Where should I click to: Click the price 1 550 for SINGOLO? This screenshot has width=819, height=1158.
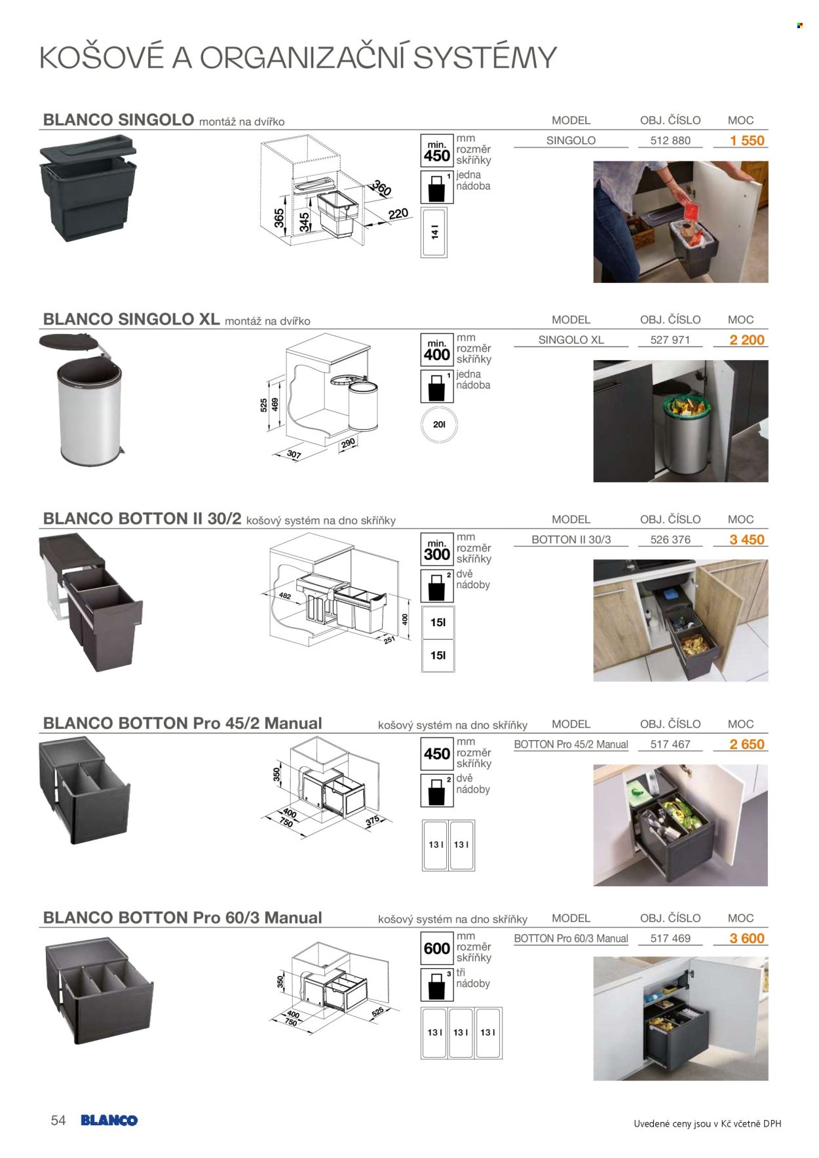tap(747, 140)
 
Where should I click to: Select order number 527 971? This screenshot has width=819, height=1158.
tap(670, 340)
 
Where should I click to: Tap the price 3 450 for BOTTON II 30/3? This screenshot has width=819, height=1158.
tap(747, 540)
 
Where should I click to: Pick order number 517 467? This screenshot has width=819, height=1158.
tap(670, 744)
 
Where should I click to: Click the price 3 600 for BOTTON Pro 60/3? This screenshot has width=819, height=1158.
tap(747, 939)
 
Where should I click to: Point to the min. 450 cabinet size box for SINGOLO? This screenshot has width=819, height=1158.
tap(437, 151)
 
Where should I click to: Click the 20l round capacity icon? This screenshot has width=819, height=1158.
tap(439, 424)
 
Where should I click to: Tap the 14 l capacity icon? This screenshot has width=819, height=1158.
tap(434, 233)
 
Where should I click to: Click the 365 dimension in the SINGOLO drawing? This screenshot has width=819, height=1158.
tap(279, 217)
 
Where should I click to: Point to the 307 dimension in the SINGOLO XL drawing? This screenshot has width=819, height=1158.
tap(294, 455)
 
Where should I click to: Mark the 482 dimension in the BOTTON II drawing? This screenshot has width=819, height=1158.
tap(284, 596)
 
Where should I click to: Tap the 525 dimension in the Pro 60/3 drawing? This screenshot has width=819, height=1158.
tap(377, 1011)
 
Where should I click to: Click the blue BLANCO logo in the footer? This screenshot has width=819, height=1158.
tap(109, 1121)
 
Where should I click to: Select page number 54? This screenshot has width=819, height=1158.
tap(58, 1121)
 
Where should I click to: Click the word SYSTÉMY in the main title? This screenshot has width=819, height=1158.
tap(485, 58)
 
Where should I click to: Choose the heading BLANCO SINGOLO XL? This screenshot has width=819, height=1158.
tap(131, 319)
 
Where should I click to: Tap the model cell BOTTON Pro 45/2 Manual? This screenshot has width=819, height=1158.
tap(571, 744)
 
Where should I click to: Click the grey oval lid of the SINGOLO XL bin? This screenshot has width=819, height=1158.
tap(71, 343)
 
